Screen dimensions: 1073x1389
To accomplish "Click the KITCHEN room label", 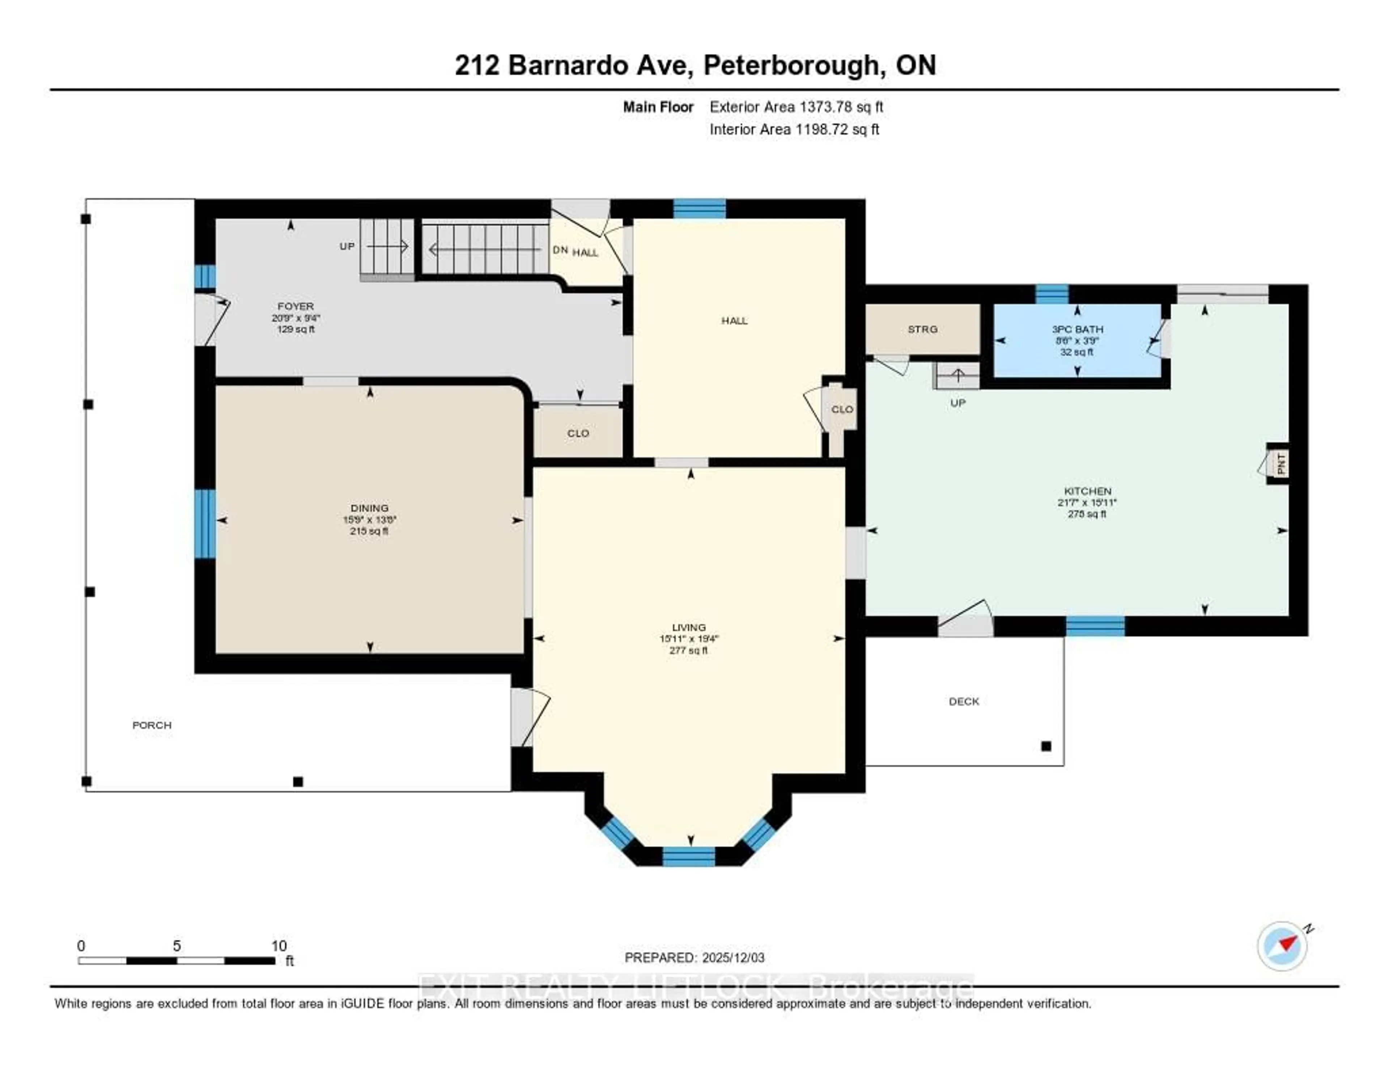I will [x=1088, y=491].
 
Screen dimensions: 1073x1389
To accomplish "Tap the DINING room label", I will [x=369, y=508].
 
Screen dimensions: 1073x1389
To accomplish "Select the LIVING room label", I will [x=689, y=627].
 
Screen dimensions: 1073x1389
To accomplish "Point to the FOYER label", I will [x=295, y=306].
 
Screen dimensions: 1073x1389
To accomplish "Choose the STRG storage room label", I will [x=922, y=329].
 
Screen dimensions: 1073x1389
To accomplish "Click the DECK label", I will [x=964, y=701].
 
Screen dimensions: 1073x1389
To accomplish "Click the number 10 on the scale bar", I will [x=279, y=946].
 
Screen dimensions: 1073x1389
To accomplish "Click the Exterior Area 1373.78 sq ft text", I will [x=796, y=107].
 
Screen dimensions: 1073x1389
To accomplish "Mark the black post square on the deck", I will [x=1046, y=746].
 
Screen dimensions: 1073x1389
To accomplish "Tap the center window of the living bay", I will [x=689, y=856].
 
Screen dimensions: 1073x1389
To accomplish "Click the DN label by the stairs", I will [x=560, y=250].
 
